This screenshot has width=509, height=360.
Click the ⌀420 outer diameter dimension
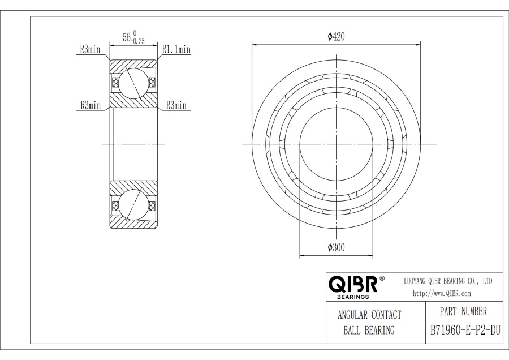point(336,36)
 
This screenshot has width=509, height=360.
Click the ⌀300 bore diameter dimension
point(336,247)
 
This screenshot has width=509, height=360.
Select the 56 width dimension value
point(127,37)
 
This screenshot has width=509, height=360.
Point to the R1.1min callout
point(176,49)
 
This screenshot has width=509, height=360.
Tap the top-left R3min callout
point(90,49)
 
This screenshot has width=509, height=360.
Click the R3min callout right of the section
point(176,105)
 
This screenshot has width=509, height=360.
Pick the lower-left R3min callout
point(90,105)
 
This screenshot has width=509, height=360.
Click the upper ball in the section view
point(133,83)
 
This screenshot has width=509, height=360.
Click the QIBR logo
point(353,284)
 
